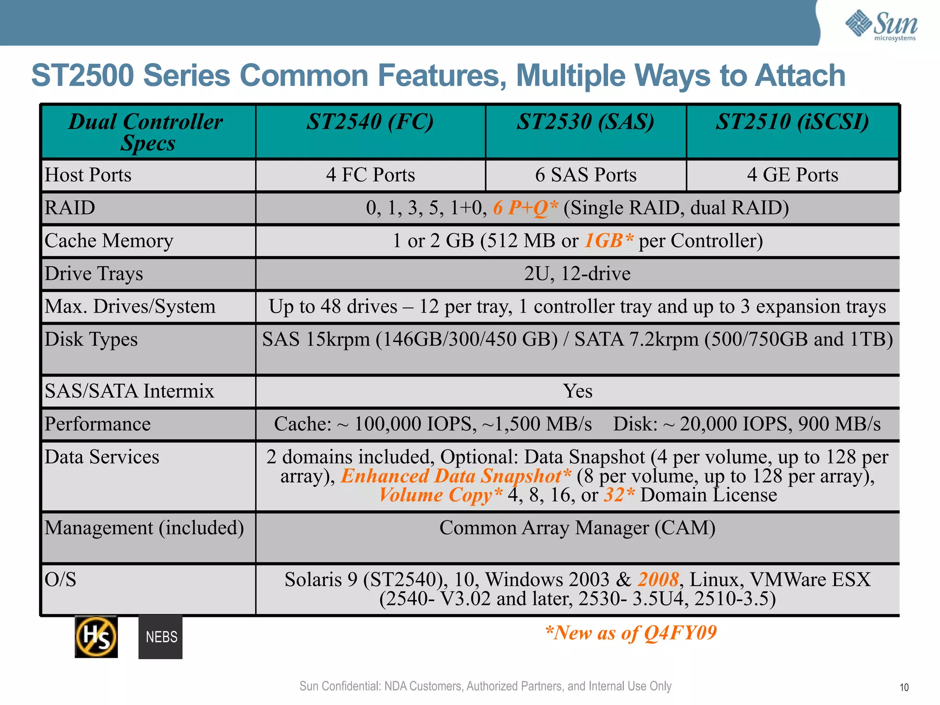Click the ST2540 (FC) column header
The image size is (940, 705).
[x=370, y=123]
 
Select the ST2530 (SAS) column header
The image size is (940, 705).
[x=585, y=123]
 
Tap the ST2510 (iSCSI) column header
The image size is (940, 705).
[x=792, y=123]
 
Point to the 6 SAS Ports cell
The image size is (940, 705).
[x=586, y=175]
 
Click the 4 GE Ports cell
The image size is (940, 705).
[x=792, y=175]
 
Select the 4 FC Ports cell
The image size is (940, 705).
[x=370, y=175]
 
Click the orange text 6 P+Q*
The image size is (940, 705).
[x=526, y=208]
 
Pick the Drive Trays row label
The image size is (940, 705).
[x=94, y=274]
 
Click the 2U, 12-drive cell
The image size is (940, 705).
[x=577, y=274]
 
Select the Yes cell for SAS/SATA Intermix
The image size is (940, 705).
[x=577, y=391]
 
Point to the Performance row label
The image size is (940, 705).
[x=97, y=424]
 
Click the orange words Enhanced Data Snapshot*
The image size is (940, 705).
[x=456, y=476]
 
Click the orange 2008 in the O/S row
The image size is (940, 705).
[x=658, y=580]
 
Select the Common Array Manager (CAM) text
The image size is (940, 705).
[x=577, y=528]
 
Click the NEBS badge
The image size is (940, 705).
[x=161, y=637]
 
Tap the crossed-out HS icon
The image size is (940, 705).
[x=96, y=637]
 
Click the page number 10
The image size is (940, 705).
[x=904, y=687]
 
